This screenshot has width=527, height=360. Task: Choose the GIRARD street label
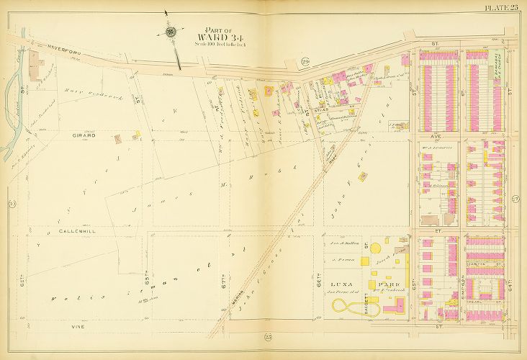84,135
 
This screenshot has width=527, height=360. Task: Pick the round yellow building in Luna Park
387,240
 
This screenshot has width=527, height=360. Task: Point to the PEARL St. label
485,293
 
